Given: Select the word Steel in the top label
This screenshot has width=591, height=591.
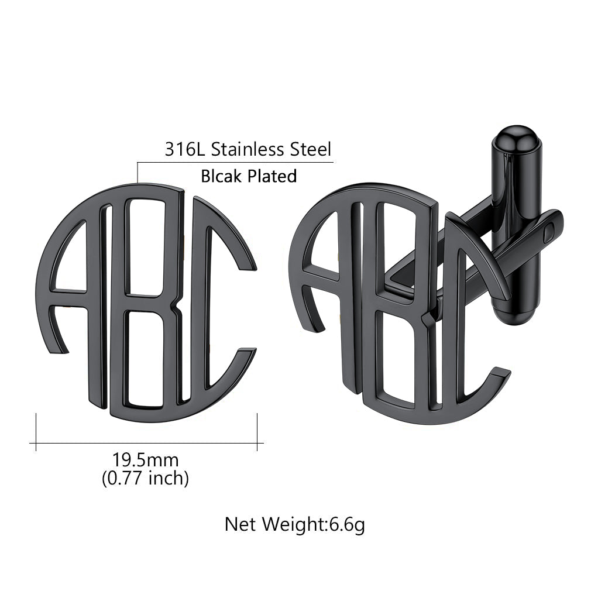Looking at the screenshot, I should coord(311,149).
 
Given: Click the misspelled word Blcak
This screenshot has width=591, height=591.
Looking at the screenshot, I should coord(222,176).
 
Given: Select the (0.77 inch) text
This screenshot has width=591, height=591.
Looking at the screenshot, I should coord(146,478).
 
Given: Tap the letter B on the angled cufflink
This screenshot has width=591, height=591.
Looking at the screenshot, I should coord(398,304).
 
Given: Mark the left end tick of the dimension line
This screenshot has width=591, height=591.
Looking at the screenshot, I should coord(36,432).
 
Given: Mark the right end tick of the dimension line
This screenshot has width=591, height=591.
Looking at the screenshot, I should coord(257,432).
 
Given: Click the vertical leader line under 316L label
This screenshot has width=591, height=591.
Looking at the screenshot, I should coord(138,172).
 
